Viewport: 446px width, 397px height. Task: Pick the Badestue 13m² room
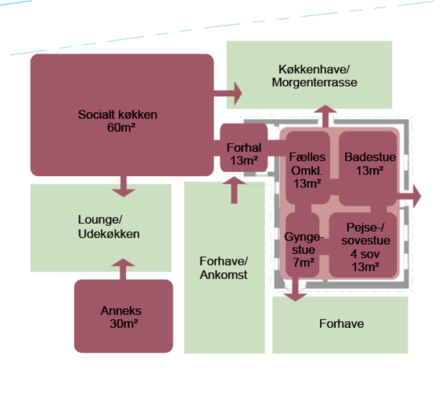coord(368,185)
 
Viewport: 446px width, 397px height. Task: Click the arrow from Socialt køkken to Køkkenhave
coord(231,93)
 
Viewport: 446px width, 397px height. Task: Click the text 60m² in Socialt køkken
coord(121,128)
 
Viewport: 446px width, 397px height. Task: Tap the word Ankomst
coord(223,275)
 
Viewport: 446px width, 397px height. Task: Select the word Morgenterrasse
coord(314,82)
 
